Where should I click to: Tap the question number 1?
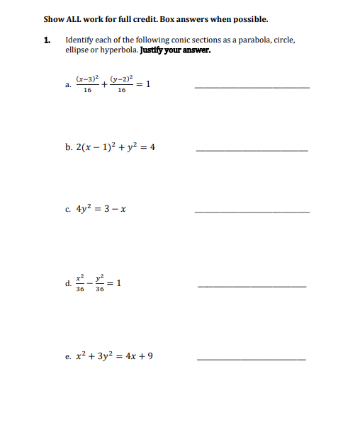click(47, 40)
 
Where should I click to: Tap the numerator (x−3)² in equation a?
click(87, 78)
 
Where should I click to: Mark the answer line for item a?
click(251, 87)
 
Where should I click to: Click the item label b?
click(68, 148)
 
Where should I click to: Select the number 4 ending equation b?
click(152, 148)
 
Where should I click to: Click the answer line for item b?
click(251, 151)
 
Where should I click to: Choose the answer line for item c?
click(251, 212)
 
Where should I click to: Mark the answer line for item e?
click(251, 360)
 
